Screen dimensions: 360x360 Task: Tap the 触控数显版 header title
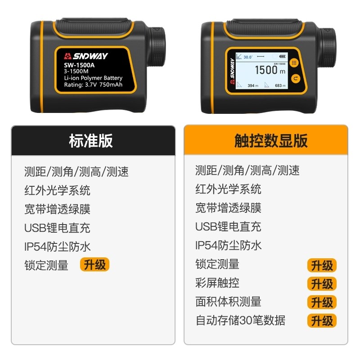coord(271,141)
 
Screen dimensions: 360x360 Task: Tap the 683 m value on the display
coord(280,85)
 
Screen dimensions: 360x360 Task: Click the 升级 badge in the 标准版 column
coord(94,265)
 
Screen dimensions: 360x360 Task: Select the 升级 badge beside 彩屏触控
coord(322,284)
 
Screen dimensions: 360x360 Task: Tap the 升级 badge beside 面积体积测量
coord(322,302)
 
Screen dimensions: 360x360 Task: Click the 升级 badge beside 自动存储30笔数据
coord(322,321)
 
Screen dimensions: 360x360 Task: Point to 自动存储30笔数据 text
coord(240,320)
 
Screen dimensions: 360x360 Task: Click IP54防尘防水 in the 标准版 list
coord(58,247)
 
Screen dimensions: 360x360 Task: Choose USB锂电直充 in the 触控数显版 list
coord(228,227)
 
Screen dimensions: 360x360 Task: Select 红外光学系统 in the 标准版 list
coord(57,190)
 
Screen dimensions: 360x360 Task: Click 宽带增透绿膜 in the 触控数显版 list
coord(228,208)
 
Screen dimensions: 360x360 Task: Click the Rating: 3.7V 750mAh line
coord(93,84)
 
